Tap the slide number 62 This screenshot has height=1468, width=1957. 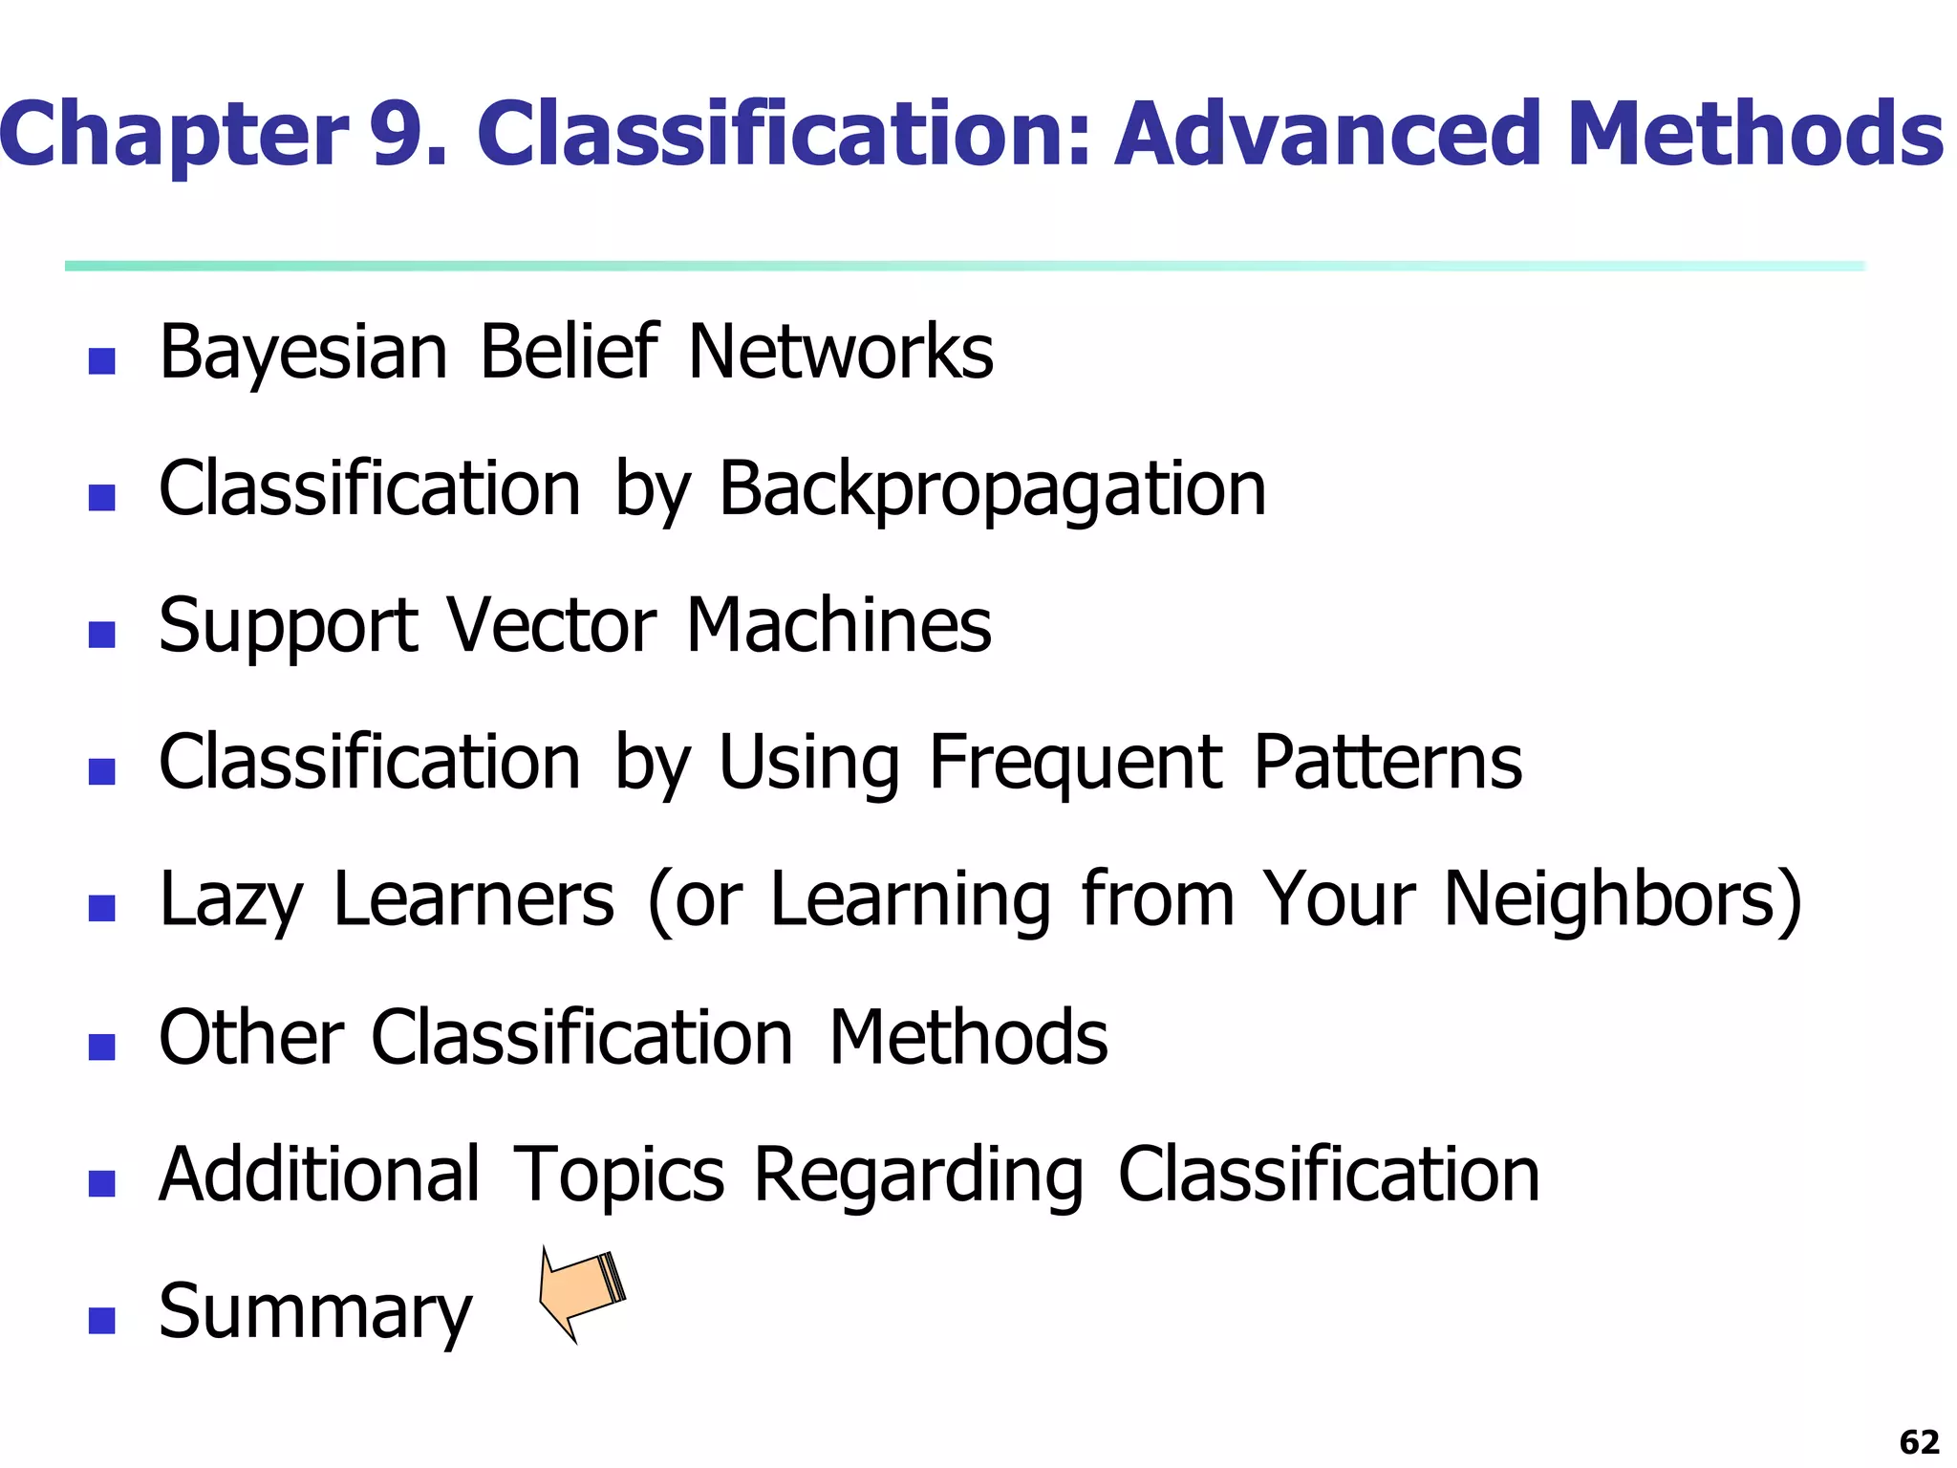(1919, 1441)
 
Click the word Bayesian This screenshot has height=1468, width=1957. (303, 353)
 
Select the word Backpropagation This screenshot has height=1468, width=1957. (991, 489)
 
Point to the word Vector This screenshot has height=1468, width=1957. (551, 626)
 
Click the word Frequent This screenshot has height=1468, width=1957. (1075, 764)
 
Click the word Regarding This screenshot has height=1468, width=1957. (918, 1175)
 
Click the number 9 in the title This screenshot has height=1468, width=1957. (408, 134)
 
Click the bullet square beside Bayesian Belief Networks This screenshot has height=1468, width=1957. (101, 360)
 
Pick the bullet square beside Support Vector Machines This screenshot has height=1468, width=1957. (101, 635)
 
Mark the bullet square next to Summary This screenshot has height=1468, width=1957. (101, 1320)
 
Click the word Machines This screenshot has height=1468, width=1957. (838, 626)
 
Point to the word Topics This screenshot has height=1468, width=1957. (619, 1175)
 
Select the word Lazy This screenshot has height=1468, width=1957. (230, 900)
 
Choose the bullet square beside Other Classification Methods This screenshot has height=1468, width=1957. (101, 1047)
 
